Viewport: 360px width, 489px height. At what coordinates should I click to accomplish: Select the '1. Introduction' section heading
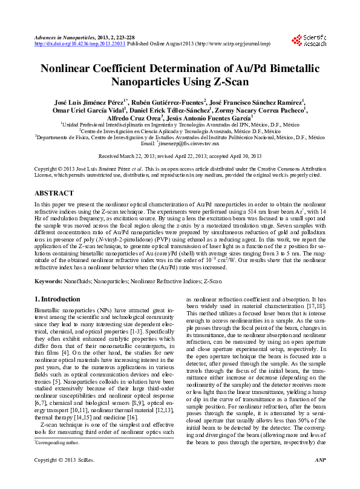pos(57,299)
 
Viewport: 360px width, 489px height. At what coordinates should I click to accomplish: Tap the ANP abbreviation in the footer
pos(321,478)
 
